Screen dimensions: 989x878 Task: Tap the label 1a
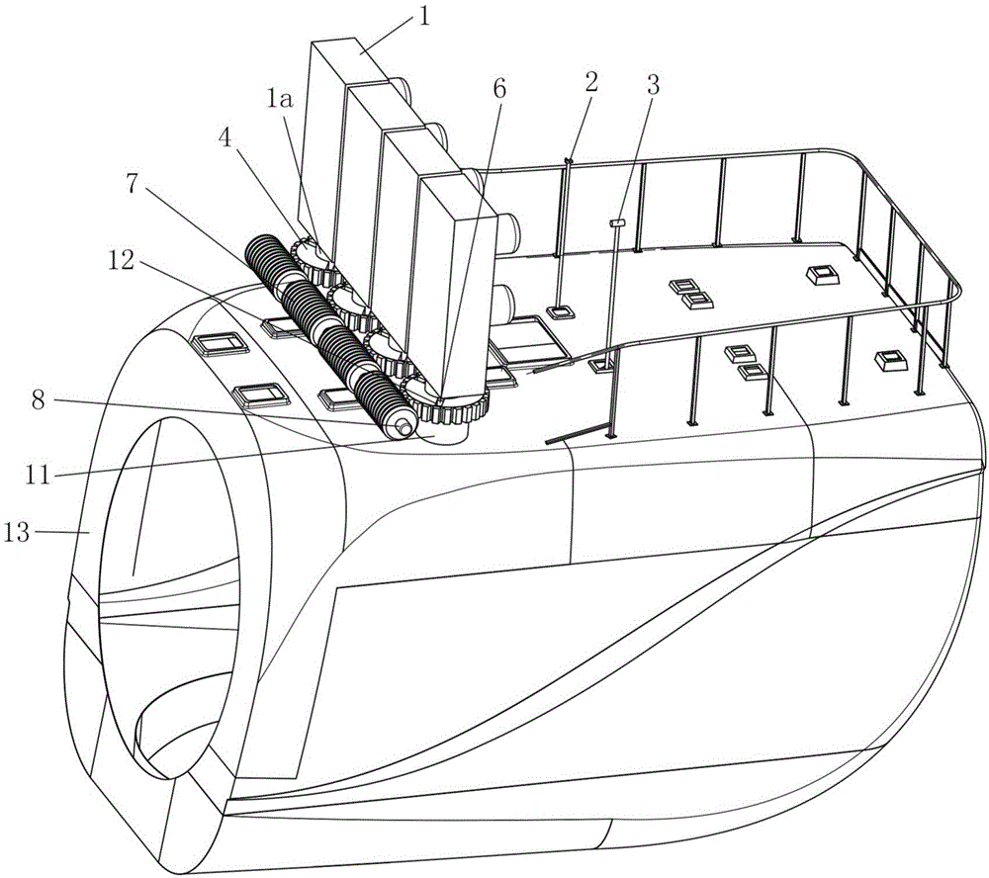tap(279, 99)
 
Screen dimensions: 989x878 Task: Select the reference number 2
tap(591, 81)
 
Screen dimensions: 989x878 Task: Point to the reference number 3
tap(652, 84)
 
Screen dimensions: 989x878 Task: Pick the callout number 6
tap(498, 89)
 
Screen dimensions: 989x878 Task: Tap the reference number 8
tap(39, 399)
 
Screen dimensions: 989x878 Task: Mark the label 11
tap(38, 475)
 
